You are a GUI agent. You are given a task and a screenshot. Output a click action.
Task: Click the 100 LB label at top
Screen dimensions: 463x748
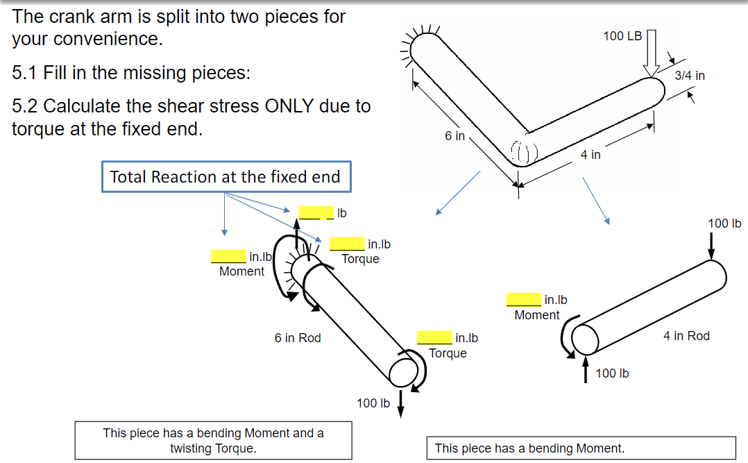(x=622, y=35)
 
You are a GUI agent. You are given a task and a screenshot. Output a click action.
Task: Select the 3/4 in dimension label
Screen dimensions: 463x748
(x=690, y=76)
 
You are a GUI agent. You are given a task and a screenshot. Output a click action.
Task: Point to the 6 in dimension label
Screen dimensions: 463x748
(x=455, y=136)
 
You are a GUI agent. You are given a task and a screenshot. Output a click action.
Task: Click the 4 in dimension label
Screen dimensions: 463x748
(x=590, y=155)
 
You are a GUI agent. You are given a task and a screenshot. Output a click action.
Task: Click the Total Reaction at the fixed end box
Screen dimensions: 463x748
(x=225, y=177)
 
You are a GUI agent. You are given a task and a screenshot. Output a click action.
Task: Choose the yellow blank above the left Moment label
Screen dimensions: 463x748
(x=228, y=257)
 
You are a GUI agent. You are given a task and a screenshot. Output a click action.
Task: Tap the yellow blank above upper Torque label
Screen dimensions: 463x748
(x=347, y=244)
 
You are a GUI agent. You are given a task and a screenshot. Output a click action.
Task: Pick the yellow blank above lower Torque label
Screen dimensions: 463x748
(x=434, y=338)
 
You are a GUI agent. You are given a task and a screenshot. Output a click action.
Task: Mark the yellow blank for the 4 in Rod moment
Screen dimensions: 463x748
(x=523, y=300)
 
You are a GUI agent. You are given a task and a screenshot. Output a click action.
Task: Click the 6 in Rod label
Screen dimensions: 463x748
(x=298, y=338)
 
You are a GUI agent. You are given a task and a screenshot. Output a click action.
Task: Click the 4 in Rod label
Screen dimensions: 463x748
(x=686, y=336)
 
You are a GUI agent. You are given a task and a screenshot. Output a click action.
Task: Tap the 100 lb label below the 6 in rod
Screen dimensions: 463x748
(x=373, y=403)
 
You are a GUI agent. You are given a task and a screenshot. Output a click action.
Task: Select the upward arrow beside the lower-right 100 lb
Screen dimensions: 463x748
(x=586, y=370)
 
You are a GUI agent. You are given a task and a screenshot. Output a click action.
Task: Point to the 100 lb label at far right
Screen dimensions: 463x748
(x=724, y=224)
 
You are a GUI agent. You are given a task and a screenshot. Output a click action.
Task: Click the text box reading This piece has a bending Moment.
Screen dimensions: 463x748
(x=581, y=448)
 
